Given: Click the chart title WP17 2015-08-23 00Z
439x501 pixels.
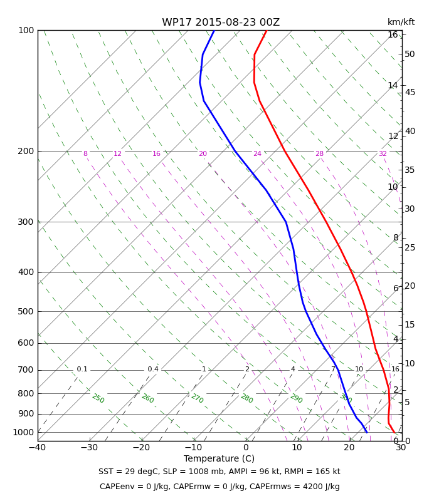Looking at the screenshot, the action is [x=221, y=23].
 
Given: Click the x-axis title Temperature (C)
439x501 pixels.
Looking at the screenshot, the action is [x=219, y=458].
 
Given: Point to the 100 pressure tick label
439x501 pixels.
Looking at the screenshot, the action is [x=26, y=30].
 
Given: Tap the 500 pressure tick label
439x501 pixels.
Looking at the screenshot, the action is [x=26, y=311].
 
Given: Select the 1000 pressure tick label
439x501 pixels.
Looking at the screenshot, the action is [x=23, y=432].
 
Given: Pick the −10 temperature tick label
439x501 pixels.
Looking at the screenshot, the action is [x=193, y=447].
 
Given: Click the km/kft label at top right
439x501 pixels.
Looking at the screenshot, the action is [x=401, y=22].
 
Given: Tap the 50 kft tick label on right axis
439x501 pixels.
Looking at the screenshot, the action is [x=410, y=54].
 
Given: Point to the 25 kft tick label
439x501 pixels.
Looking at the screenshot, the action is [x=410, y=247].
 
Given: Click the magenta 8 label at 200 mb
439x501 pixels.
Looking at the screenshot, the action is [x=85, y=153].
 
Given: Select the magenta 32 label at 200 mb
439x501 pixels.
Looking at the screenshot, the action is [x=383, y=153].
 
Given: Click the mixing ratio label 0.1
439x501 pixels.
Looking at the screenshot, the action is [x=82, y=369].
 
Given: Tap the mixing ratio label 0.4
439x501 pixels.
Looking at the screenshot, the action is [x=153, y=369].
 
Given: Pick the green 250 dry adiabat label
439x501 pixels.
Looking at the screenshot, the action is [x=98, y=398].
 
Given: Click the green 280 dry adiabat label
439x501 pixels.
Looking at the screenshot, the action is [x=247, y=398].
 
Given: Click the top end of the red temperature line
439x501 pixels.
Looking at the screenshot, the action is [x=267, y=31].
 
